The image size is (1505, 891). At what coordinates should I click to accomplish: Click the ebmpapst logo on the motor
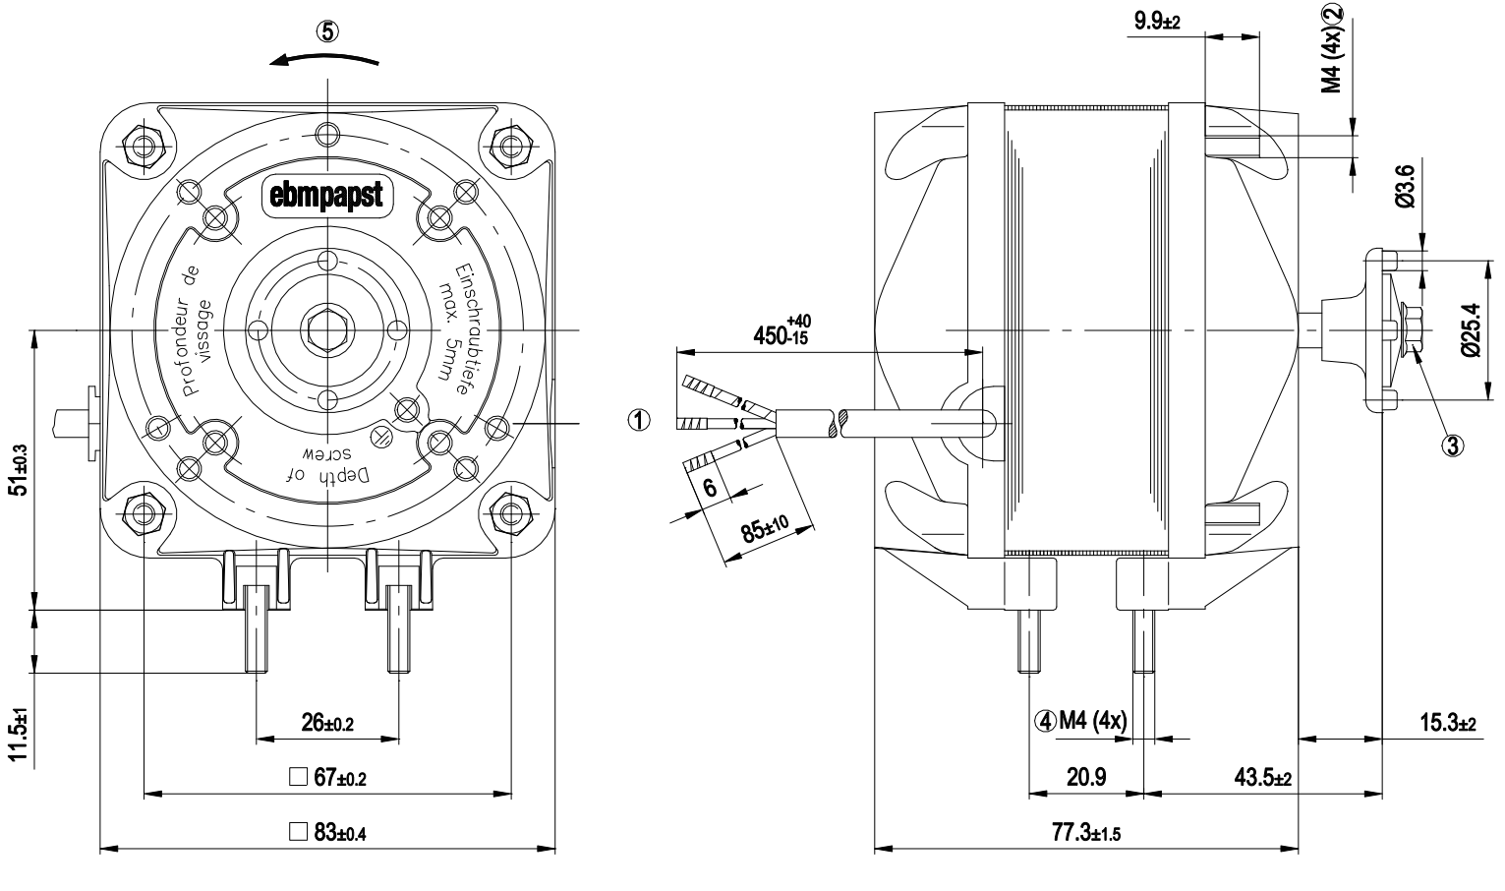[x=326, y=196]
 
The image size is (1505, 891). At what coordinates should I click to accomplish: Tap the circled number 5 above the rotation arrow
[x=327, y=31]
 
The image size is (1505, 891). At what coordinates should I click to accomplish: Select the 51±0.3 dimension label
[x=21, y=470]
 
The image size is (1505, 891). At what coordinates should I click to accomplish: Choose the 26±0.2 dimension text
[x=327, y=723]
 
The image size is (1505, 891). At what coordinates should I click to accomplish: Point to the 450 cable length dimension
[x=782, y=329]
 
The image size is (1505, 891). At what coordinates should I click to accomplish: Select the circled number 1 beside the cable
[x=639, y=421]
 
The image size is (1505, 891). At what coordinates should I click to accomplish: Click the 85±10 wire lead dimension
[x=766, y=529]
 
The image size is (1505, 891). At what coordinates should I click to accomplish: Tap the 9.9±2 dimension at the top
[x=1157, y=21]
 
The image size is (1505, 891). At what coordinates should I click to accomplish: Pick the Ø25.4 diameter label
[x=1471, y=329]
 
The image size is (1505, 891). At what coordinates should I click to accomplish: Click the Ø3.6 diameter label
[x=1406, y=186]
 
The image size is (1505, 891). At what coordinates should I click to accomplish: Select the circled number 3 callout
[x=1453, y=445]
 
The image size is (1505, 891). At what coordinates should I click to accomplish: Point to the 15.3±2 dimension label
[x=1448, y=723]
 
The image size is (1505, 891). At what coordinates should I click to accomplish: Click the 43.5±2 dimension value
[x=1262, y=778]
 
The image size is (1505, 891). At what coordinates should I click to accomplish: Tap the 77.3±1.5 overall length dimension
[x=1086, y=833]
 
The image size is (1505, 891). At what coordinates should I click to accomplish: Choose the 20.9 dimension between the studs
[x=1086, y=777]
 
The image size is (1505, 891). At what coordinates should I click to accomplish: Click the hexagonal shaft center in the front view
[x=328, y=330]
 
